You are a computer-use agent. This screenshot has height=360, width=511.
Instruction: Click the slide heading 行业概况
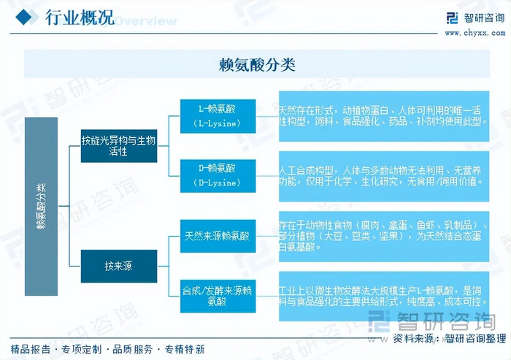(x=80, y=18)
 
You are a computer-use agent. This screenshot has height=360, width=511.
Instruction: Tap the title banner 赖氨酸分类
(x=257, y=64)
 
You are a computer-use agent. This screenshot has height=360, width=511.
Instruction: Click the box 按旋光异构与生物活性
(x=118, y=145)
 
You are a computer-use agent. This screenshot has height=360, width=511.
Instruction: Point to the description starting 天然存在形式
(x=383, y=115)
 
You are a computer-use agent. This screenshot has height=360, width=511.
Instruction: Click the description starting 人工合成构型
(x=383, y=175)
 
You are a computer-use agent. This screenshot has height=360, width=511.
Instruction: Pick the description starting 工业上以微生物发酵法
(x=383, y=295)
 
